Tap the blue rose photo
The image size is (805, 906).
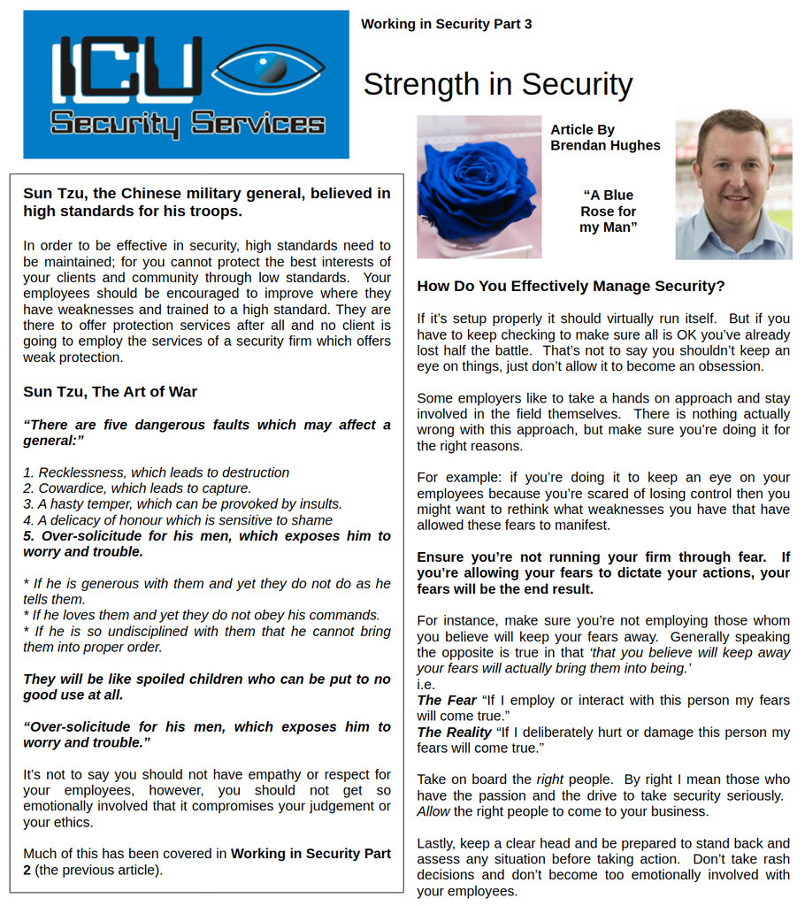click(x=479, y=187)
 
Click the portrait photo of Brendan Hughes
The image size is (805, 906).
click(x=733, y=184)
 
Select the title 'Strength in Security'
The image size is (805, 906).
click(x=497, y=85)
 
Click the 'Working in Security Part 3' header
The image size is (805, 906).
click(x=446, y=24)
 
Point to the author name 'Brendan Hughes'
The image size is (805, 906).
click(x=605, y=145)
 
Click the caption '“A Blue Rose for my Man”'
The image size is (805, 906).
click(x=608, y=211)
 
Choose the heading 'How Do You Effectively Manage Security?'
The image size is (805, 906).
click(x=571, y=287)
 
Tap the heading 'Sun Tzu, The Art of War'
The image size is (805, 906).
click(x=110, y=392)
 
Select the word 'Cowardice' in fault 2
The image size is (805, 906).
click(x=71, y=488)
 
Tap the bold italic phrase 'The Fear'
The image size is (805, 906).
click(x=447, y=700)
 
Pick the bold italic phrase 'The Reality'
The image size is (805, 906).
click(x=454, y=732)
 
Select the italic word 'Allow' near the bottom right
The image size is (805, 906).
click(x=433, y=811)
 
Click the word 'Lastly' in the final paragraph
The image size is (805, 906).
click(x=438, y=843)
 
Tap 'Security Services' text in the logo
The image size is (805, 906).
click(x=187, y=123)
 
